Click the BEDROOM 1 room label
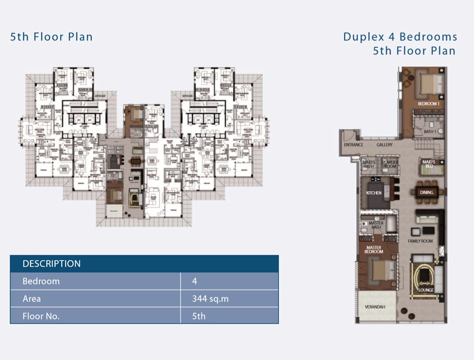point(428,104)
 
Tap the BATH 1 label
point(430,132)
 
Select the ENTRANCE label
point(353,145)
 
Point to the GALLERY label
point(384,145)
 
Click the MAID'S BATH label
point(368,165)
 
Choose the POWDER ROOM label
point(390,165)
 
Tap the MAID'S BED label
point(427,164)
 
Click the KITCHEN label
point(374,193)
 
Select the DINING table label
point(427,192)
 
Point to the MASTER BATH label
point(376,225)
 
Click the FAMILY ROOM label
point(420,241)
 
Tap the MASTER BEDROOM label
point(373,250)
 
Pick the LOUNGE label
point(426,290)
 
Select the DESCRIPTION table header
point(51,264)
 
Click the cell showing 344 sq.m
point(210,299)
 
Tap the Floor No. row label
point(41,316)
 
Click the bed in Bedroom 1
point(428,83)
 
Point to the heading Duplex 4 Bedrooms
point(400,37)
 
